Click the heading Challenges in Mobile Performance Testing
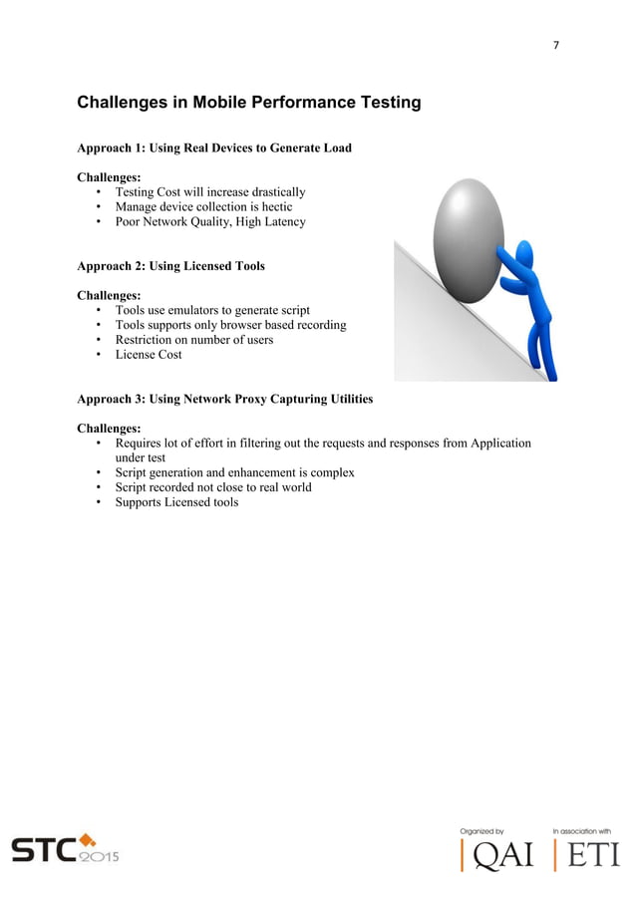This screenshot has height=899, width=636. pyautogui.click(x=248, y=103)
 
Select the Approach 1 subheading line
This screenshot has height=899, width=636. pyautogui.click(x=214, y=149)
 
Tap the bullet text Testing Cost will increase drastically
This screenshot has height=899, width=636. pyautogui.click(x=210, y=192)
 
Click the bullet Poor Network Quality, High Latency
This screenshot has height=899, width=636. pyautogui.click(x=210, y=222)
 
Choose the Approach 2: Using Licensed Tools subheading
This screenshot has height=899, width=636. pyautogui.click(x=170, y=266)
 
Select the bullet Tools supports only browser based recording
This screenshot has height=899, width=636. pyautogui.click(x=230, y=325)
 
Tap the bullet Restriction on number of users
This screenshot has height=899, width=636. pyautogui.click(x=194, y=340)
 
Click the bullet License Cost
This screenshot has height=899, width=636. pyautogui.click(x=149, y=355)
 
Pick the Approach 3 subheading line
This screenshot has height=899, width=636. pyautogui.click(x=225, y=399)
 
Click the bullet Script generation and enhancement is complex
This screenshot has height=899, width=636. pyautogui.click(x=234, y=472)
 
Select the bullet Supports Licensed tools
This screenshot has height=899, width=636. pyautogui.click(x=176, y=502)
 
